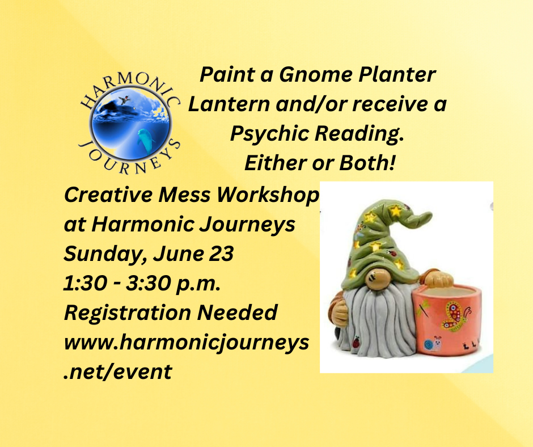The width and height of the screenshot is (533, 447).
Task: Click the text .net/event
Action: (x=117, y=372)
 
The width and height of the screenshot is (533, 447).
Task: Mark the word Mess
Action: (x=184, y=195)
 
